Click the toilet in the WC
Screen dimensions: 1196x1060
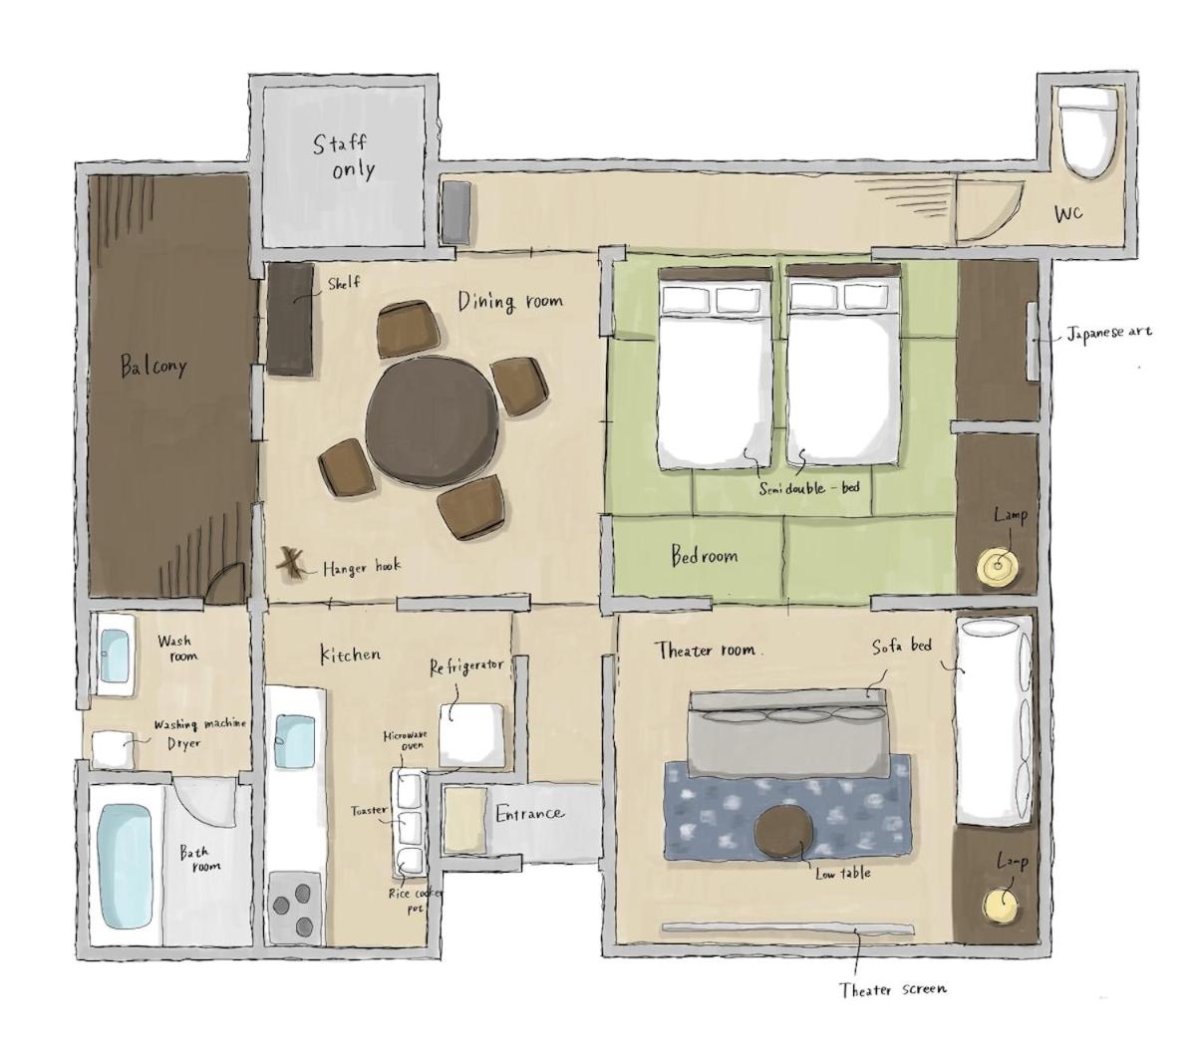(1086, 133)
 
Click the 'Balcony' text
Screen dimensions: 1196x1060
(153, 366)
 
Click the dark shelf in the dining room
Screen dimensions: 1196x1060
(291, 319)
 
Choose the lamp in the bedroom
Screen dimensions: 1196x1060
(997, 566)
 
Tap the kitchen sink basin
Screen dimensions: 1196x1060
(294, 740)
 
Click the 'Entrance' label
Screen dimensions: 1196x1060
(529, 814)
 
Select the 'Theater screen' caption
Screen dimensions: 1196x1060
(893, 990)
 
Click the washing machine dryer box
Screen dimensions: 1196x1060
(114, 749)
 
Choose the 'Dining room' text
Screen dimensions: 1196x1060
(510, 301)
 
